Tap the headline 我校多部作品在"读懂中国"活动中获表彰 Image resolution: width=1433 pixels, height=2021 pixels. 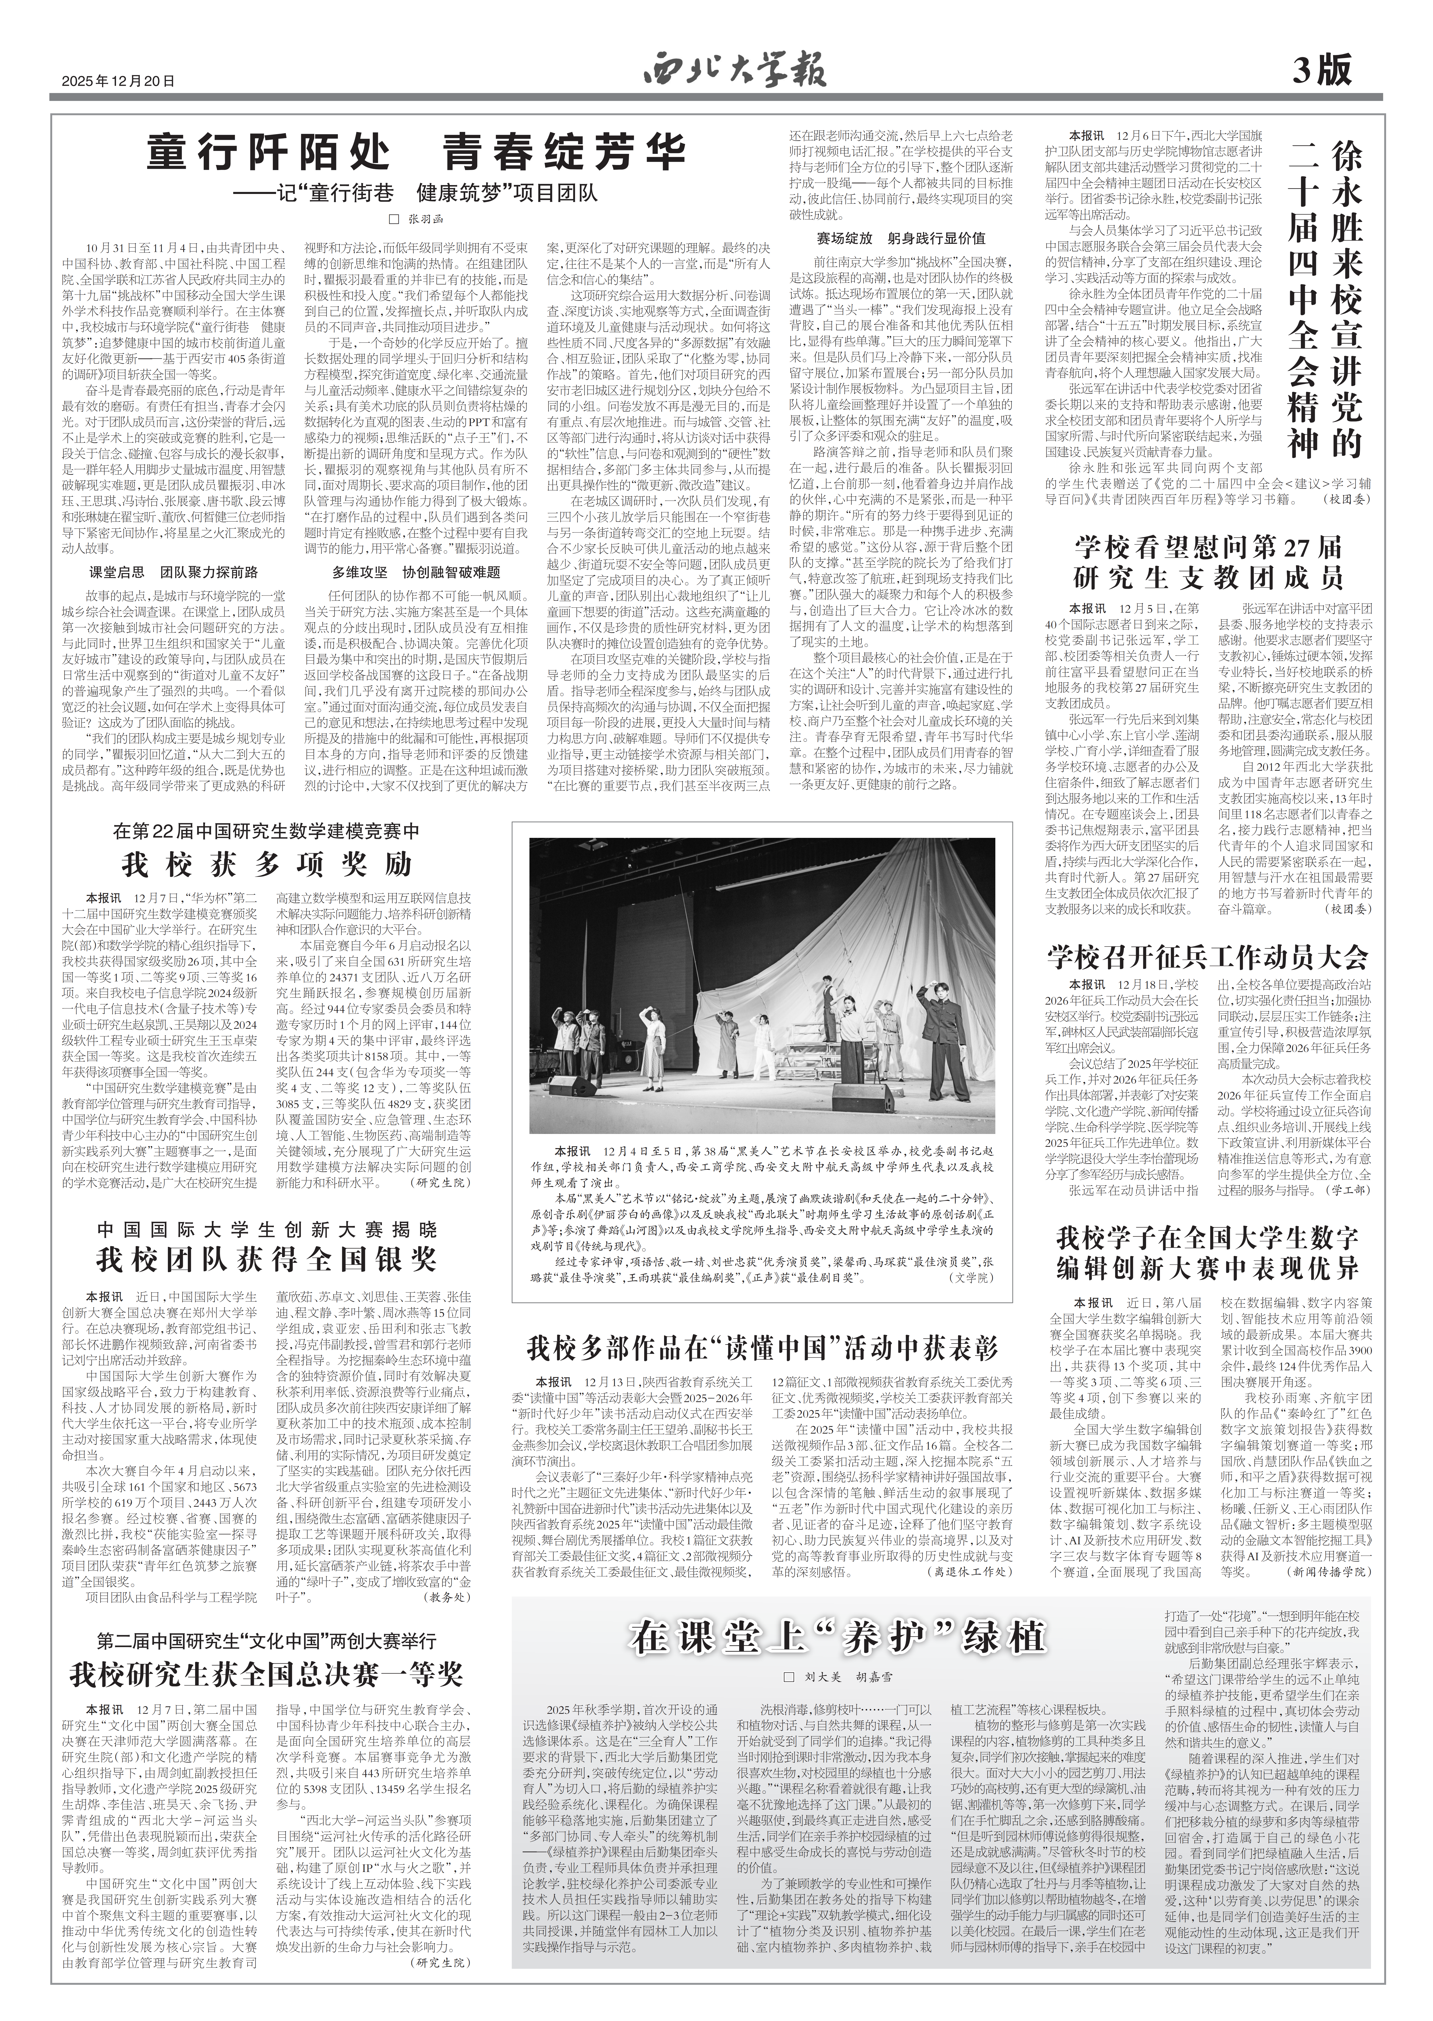(762, 1349)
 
